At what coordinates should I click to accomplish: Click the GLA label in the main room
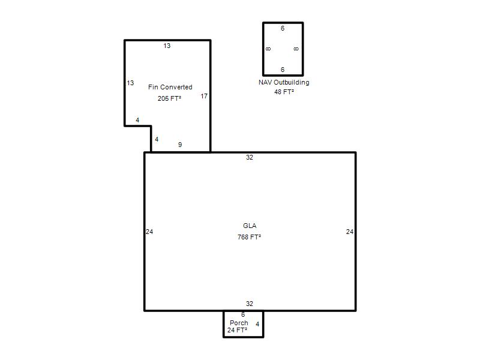(x=250, y=226)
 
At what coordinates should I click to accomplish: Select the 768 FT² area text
(x=249, y=237)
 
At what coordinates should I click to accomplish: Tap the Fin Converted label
(x=170, y=87)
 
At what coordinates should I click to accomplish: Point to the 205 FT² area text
(x=169, y=98)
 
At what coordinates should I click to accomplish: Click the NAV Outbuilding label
(x=284, y=82)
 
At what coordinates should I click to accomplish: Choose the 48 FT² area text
(x=284, y=92)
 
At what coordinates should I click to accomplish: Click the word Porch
(x=239, y=323)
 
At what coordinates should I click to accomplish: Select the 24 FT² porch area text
(x=237, y=330)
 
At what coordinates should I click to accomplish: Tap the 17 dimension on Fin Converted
(x=204, y=97)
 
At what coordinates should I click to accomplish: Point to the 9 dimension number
(x=180, y=145)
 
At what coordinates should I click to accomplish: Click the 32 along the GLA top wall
(x=250, y=157)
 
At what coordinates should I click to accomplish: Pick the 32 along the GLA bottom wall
(x=250, y=304)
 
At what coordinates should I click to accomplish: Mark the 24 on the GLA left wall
(x=149, y=232)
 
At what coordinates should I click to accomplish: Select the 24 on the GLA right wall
(x=350, y=232)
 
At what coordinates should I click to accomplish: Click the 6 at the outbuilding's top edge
(x=283, y=28)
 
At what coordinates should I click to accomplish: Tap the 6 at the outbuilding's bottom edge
(x=283, y=70)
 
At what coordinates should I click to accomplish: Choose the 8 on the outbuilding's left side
(x=268, y=49)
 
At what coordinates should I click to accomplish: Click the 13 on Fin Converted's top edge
(x=167, y=46)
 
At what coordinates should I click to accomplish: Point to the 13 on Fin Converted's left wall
(x=130, y=83)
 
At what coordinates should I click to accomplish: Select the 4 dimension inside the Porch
(x=257, y=324)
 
